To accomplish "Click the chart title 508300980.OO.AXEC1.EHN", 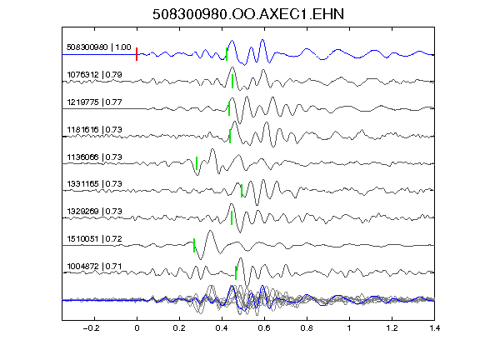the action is tap(248, 14).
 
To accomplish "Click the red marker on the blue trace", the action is tap(137, 54).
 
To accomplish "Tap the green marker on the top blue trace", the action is tap(227, 54).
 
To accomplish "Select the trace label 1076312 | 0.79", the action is tap(94, 75).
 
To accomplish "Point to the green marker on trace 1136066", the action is tap(197, 163).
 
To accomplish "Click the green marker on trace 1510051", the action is tap(194, 245).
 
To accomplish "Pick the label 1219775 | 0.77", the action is tap(94, 102).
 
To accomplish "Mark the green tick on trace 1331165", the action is tap(242, 191).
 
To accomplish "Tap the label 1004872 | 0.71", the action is tap(94, 267).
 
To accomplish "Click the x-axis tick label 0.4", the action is tap(222, 328).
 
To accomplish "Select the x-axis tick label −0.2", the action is tap(91, 328).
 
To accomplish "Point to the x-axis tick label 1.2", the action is tap(392, 328).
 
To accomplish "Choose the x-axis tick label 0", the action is tap(137, 328).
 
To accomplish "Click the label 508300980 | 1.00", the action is tap(99, 47).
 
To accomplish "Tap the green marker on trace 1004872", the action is tap(236, 272).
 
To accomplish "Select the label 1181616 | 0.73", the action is tap(94, 129).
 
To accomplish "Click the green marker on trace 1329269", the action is tap(232, 218).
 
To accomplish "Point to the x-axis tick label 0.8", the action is tap(307, 328).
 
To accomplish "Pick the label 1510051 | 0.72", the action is tap(94, 239).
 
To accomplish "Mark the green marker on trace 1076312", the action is tap(232, 81).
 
